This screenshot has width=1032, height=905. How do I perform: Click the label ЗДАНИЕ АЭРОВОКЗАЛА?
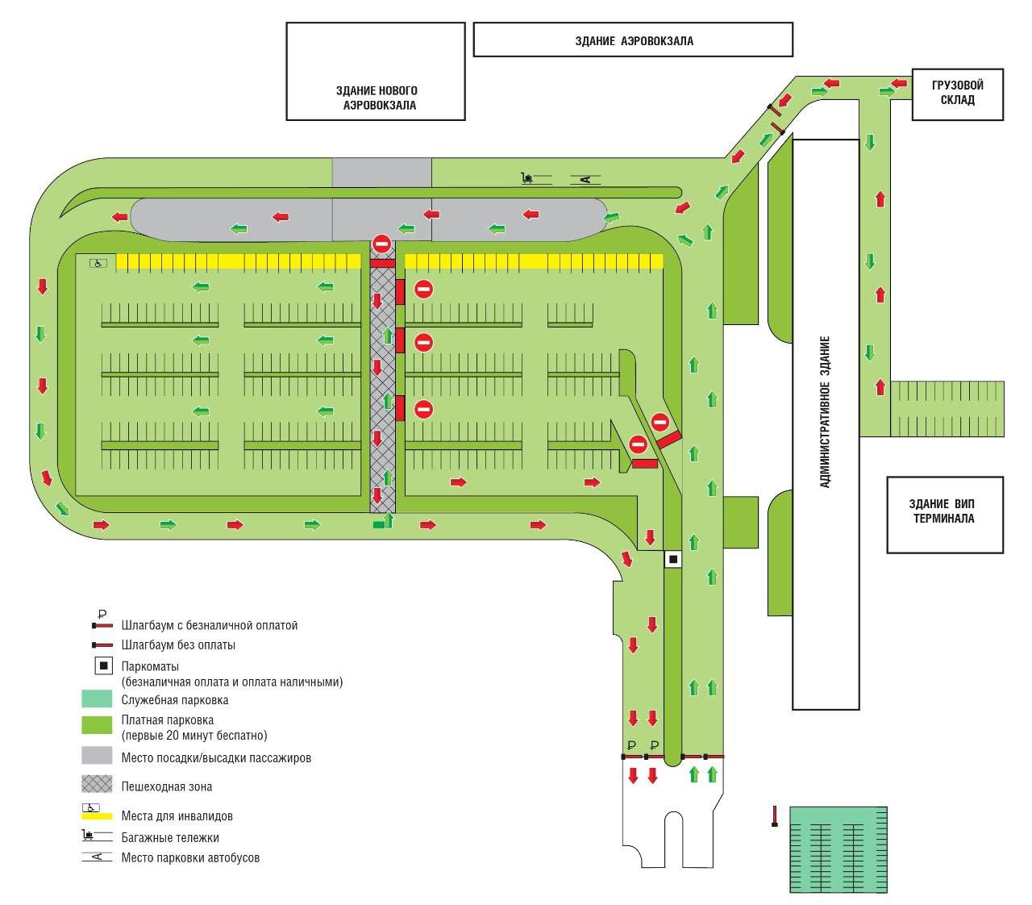click(634, 41)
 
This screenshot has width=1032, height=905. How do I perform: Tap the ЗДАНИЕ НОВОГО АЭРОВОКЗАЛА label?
click(377, 98)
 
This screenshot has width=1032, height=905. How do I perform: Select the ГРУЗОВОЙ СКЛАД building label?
click(957, 92)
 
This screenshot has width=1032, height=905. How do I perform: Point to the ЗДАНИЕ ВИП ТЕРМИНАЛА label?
click(942, 511)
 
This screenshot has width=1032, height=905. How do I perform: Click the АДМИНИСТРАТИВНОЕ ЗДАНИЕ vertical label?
click(825, 411)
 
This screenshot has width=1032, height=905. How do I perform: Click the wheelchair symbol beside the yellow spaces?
click(98, 263)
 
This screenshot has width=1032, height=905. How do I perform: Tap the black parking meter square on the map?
click(673, 559)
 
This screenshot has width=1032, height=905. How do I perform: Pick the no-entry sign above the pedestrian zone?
click(381, 244)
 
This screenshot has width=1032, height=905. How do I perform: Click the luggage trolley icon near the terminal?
click(527, 177)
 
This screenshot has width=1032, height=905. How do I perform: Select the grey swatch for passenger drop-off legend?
click(97, 755)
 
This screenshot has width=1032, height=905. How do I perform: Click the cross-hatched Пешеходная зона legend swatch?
click(97, 784)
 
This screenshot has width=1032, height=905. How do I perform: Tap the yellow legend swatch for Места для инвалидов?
click(97, 816)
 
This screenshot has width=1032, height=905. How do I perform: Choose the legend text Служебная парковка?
click(175, 700)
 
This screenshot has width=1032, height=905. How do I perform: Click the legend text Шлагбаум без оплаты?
click(178, 644)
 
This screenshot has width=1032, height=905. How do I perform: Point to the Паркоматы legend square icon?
click(104, 666)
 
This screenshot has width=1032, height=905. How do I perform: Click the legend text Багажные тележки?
click(170, 838)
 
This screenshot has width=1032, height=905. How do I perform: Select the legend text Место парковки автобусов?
click(190, 857)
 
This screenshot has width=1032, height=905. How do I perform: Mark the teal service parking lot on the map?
click(838, 849)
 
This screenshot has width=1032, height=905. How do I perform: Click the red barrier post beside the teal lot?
click(774, 815)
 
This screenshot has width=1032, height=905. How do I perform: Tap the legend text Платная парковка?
click(168, 720)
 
